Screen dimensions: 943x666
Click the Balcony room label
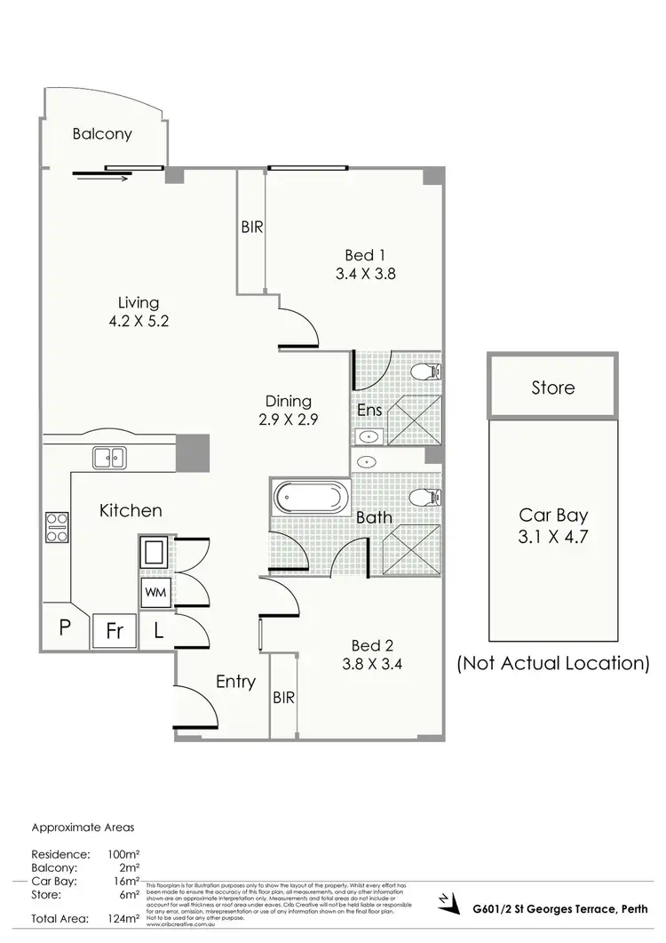(102, 134)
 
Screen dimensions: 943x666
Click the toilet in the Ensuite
(423, 372)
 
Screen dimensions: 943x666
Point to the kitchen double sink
(109, 457)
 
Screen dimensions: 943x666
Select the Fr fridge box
(115, 631)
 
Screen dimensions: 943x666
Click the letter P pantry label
(65, 627)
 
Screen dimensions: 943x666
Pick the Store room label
(552, 388)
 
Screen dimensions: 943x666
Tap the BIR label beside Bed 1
(252, 227)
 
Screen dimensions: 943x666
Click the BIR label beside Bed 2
(283, 697)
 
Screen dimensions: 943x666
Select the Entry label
(236, 683)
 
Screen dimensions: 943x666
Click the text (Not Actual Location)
(552, 663)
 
